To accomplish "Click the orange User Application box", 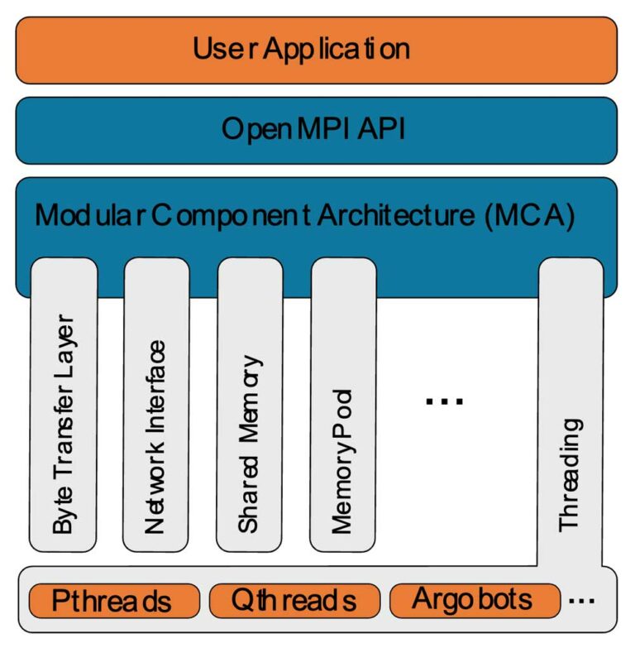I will click(x=317, y=50).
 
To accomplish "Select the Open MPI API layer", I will click(x=317, y=130).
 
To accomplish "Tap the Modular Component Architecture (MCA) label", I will click(x=304, y=216).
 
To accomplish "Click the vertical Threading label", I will click(x=571, y=475).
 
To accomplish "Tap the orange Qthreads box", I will click(x=294, y=600).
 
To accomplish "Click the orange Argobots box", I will click(x=473, y=598).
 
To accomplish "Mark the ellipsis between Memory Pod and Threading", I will click(x=444, y=401).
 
